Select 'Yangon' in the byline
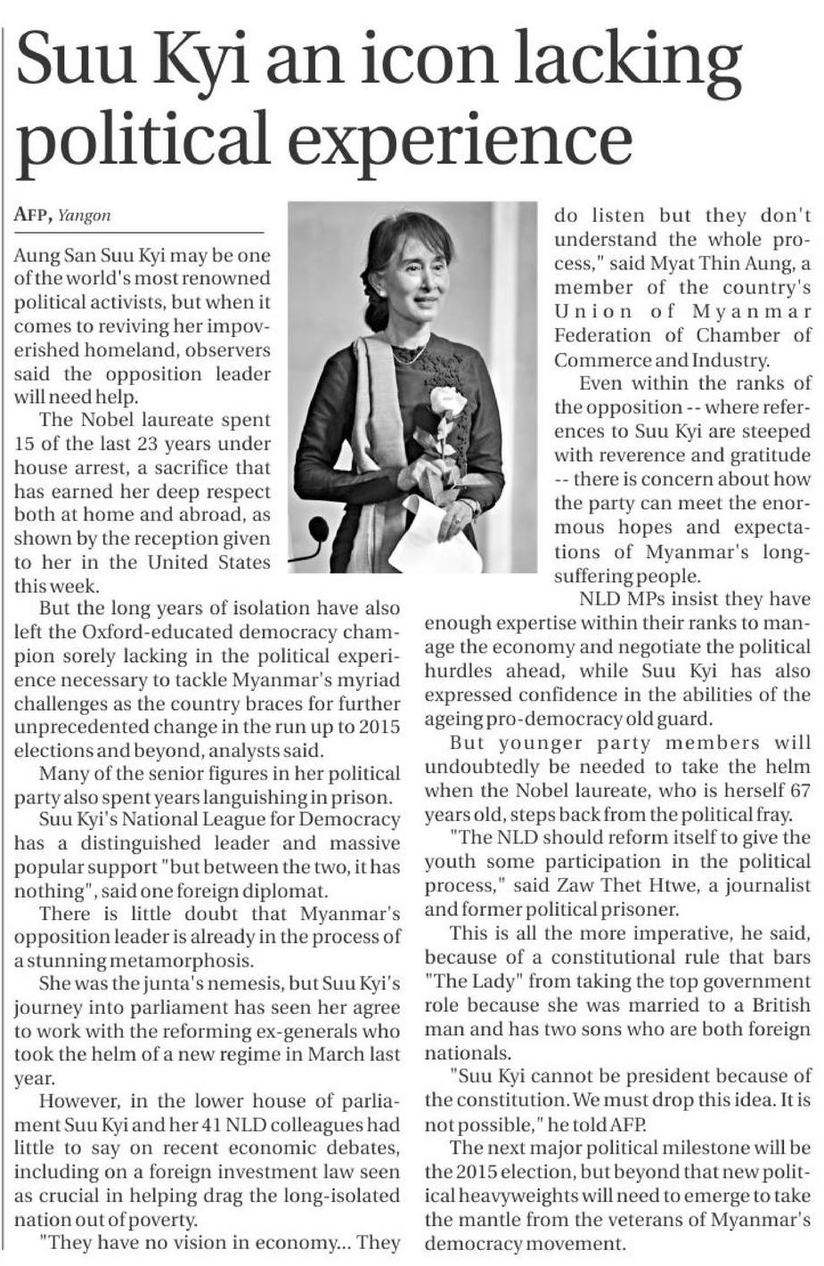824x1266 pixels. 85,215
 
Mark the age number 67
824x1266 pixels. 800,790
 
